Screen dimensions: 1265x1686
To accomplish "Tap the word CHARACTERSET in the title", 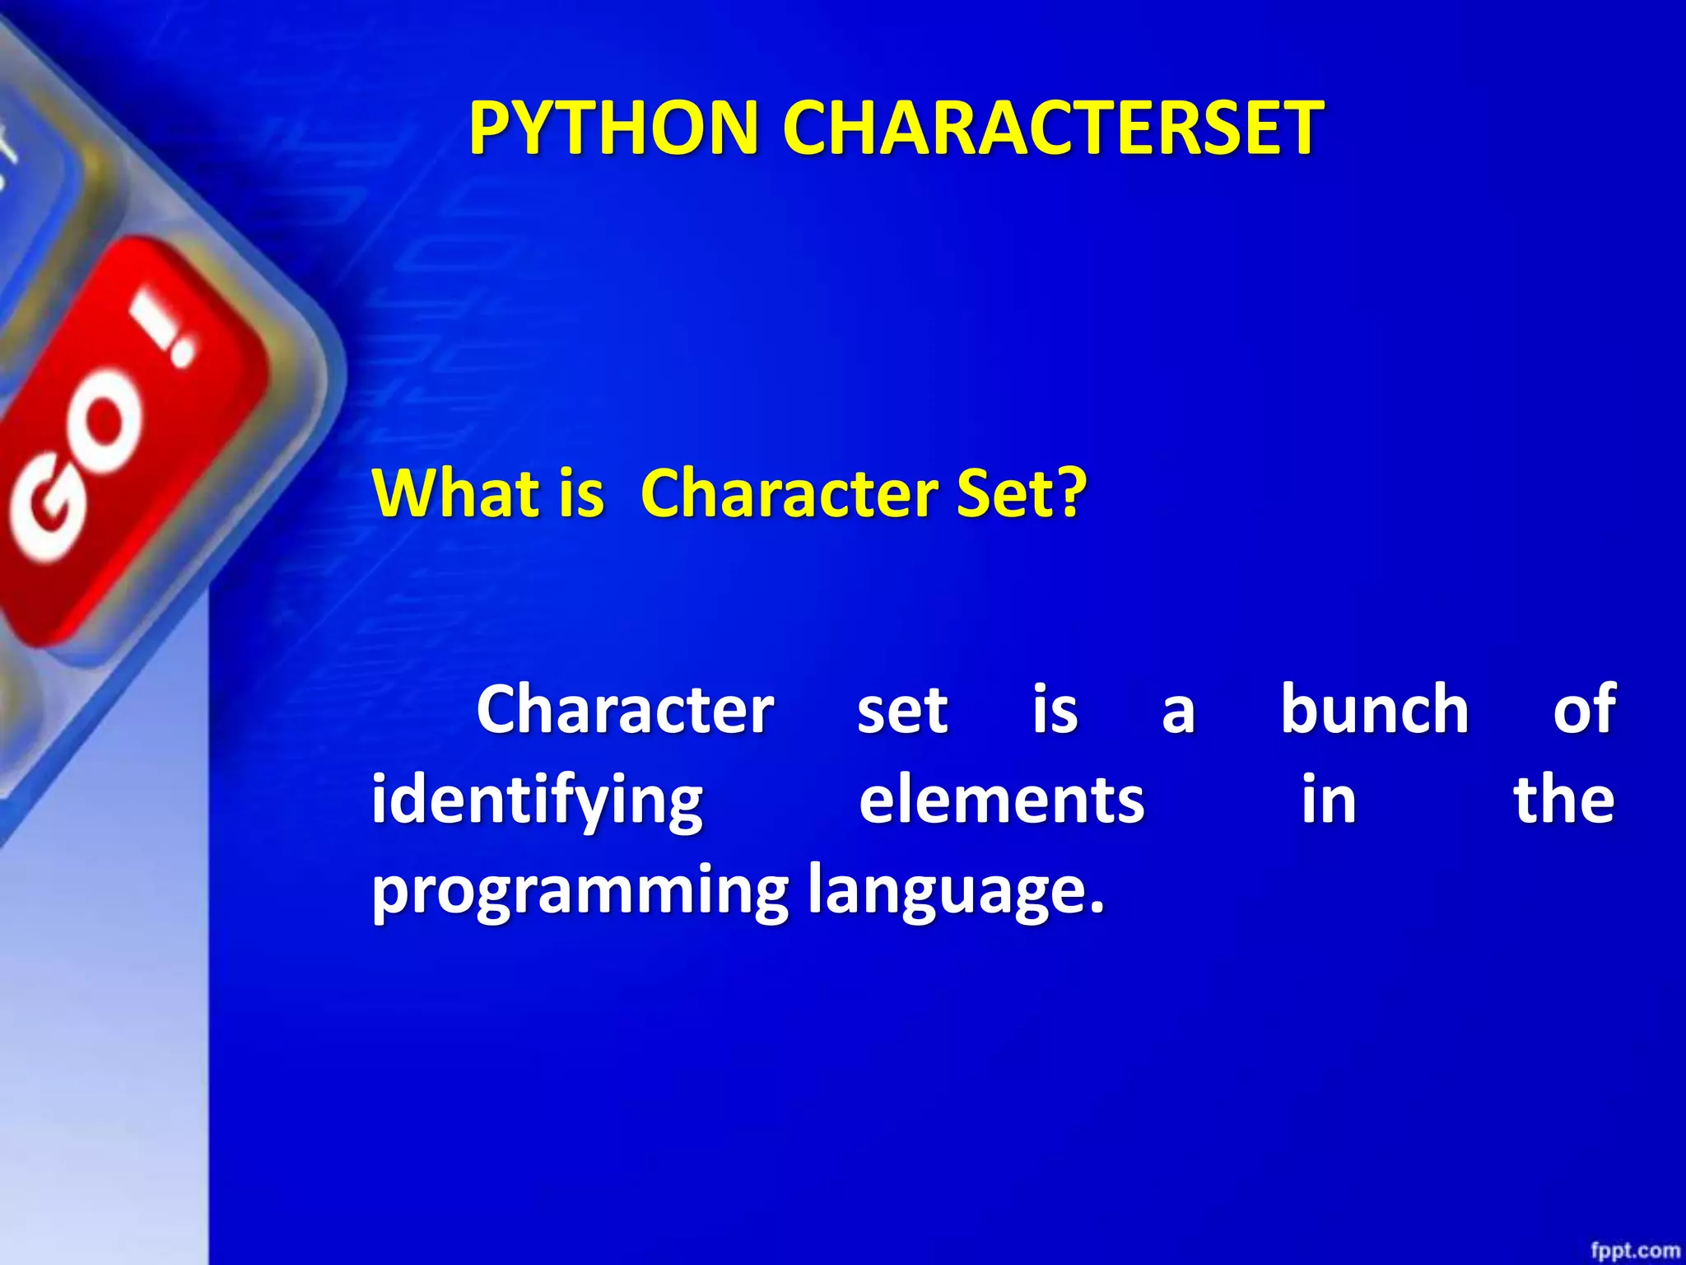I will click(1052, 128).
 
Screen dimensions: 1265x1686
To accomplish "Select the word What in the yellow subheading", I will click(455, 492).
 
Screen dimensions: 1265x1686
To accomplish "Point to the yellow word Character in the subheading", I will click(789, 492).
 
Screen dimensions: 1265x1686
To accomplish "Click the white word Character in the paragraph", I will click(624, 710).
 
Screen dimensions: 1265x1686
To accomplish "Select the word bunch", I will click(1374, 709).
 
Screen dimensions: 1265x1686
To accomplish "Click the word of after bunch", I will click(1584, 709).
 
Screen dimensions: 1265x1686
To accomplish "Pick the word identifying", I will click(537, 801).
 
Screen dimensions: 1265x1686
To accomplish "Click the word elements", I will click(1001, 801).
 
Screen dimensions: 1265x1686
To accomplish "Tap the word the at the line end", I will click(1564, 800).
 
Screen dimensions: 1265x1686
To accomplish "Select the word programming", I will click(580, 892).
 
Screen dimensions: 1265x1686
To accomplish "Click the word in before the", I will click(1328, 800).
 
